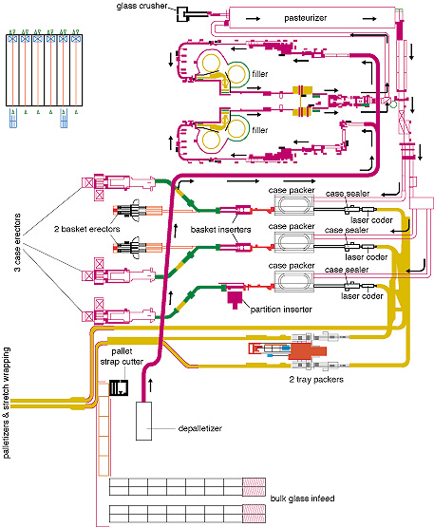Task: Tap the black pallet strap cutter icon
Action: coord(120,389)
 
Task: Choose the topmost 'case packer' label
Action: coord(292,192)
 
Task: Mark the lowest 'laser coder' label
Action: coord(365,294)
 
